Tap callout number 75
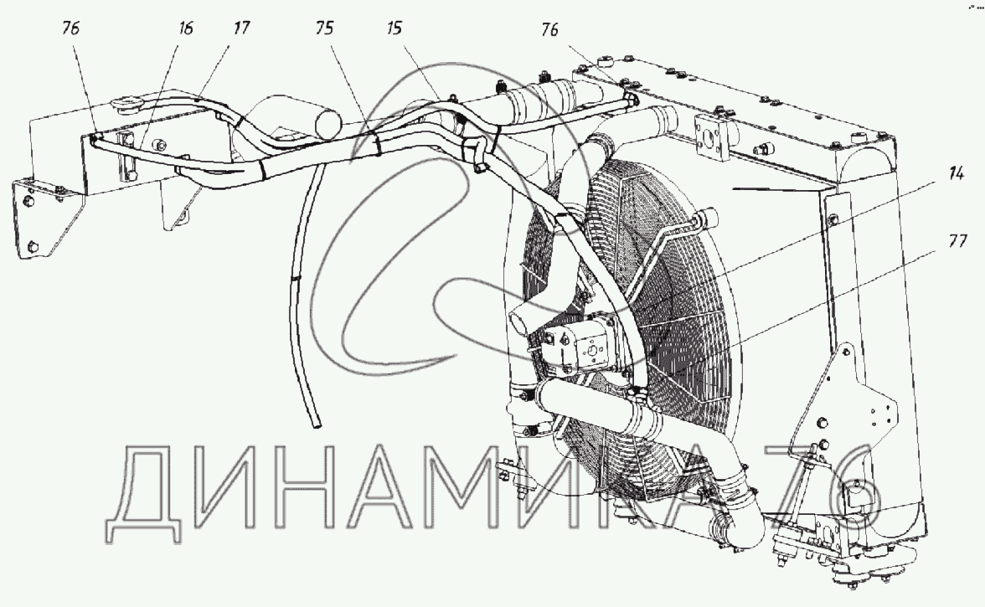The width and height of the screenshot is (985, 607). point(325,28)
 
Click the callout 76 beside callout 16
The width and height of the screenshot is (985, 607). point(70,28)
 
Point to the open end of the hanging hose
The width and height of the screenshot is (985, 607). point(317,426)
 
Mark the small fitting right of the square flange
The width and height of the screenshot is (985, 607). point(763,151)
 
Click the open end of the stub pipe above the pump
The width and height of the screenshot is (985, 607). point(516,320)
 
